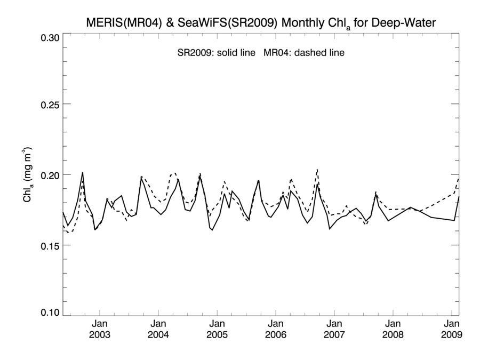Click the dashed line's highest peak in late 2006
coord(317,170)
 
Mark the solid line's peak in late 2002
coord(83,172)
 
